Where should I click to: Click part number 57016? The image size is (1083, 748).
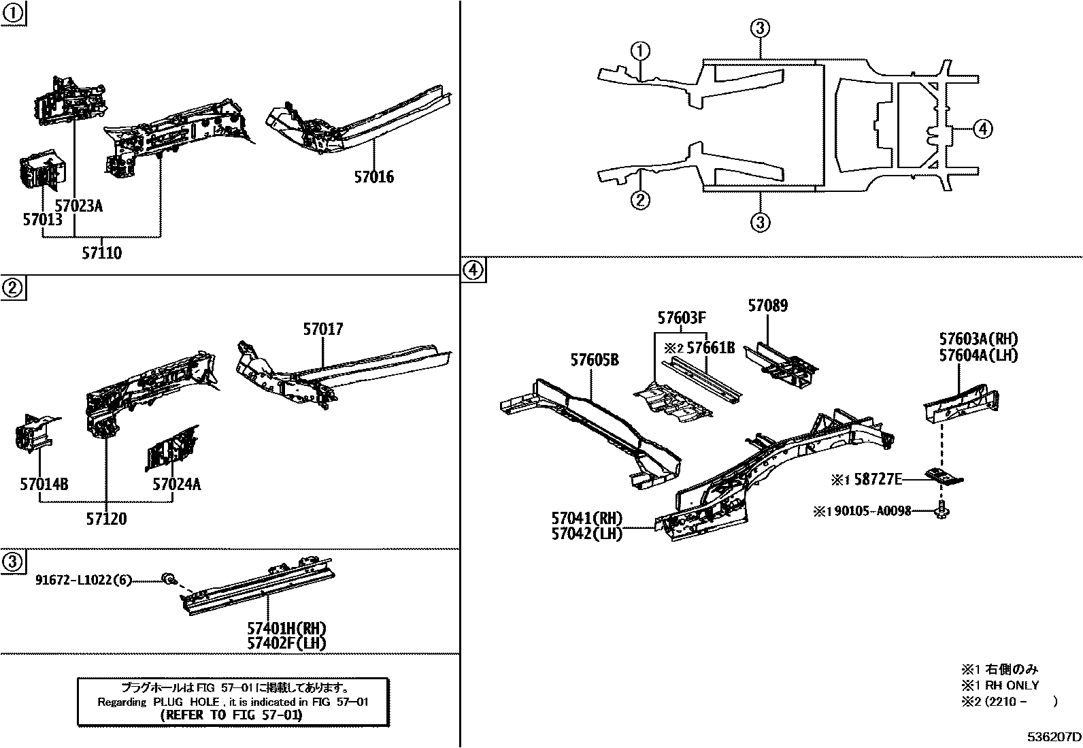(373, 177)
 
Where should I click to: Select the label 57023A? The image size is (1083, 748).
(78, 206)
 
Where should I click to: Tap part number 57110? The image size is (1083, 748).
(102, 253)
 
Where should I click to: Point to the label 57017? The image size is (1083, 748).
(323, 329)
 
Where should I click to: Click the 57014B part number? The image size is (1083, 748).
(44, 485)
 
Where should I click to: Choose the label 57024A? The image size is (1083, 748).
(176, 485)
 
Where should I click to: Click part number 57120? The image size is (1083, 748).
(106, 519)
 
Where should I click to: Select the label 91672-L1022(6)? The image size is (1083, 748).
(83, 580)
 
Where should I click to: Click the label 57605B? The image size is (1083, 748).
(595, 360)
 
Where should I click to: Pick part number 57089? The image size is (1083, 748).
(767, 306)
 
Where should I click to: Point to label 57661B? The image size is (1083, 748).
(710, 348)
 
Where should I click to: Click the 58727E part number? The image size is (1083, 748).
(878, 480)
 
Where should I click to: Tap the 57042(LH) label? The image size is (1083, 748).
(586, 534)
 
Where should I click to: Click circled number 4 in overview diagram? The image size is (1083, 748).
(982, 128)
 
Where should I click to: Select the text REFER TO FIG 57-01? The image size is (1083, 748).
(231, 715)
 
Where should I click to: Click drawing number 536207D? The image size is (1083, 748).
(1054, 737)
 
